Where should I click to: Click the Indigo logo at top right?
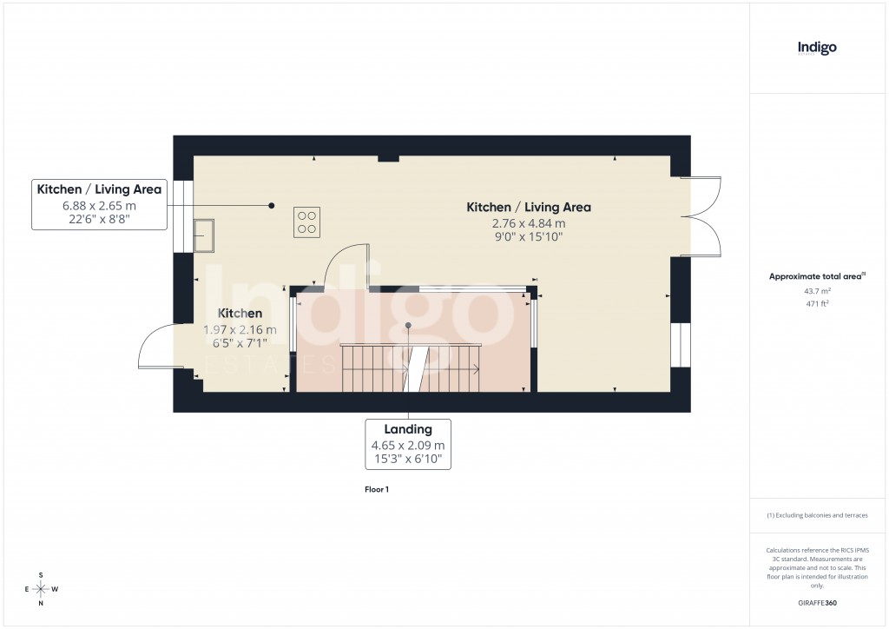(817, 49)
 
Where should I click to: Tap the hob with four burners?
(306, 222)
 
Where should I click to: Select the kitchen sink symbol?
(205, 235)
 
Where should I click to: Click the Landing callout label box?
(408, 444)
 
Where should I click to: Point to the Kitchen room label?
(240, 313)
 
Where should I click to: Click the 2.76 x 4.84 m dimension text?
(528, 223)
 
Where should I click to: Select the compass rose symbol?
(41, 589)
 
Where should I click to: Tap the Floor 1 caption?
(377, 490)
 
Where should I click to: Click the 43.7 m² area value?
(817, 291)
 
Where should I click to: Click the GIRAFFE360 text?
(817, 603)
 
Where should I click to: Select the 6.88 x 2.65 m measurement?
(99, 206)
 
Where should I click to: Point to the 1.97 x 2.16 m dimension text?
(240, 329)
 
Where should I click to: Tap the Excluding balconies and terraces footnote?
(817, 515)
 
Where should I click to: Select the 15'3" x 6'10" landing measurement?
(408, 459)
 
